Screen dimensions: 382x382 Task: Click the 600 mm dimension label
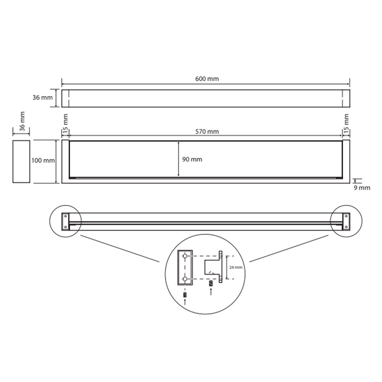tap(207, 79)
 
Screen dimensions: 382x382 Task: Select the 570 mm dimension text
tap(207, 131)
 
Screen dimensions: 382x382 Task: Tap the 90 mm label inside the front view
tap(192, 159)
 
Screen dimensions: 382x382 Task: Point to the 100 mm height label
tap(43, 160)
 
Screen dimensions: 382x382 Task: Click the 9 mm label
tap(362, 188)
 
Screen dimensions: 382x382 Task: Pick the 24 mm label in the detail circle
tap(236, 267)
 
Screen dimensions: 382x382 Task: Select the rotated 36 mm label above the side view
tap(22, 121)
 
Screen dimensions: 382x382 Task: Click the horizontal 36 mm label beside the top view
tap(43, 97)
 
